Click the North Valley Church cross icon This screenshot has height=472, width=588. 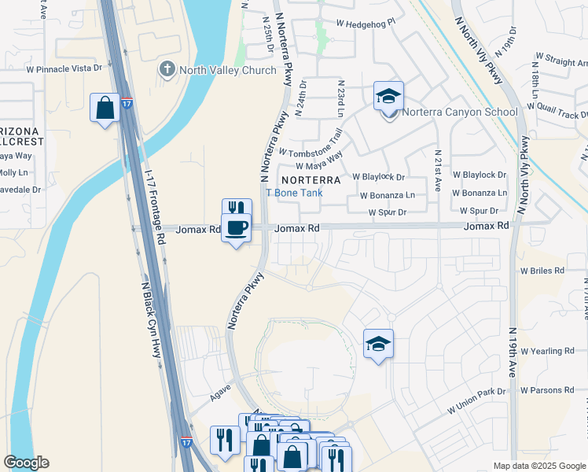tap(167, 70)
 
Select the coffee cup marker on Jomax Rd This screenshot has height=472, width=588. tap(236, 229)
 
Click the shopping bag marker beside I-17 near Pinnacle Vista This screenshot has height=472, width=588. tap(105, 108)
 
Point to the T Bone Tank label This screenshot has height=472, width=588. tap(294, 194)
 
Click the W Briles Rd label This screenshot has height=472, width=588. tap(542, 270)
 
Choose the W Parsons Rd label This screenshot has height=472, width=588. tap(547, 390)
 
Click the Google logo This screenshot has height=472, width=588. tap(26, 463)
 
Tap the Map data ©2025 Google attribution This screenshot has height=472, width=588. tap(538, 466)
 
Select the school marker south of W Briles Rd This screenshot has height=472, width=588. tap(378, 344)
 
